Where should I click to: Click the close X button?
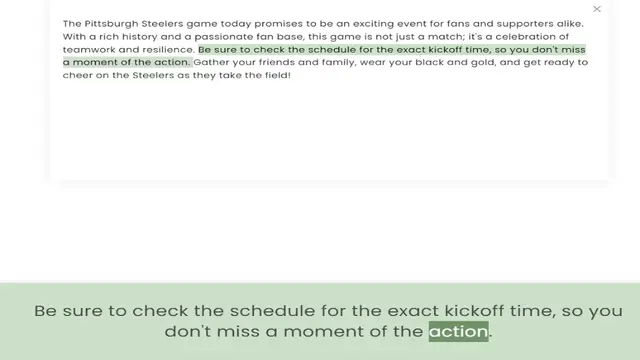597,9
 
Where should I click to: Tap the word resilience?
166,48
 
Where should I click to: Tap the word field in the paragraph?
272,75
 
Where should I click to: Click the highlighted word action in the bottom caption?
458,332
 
